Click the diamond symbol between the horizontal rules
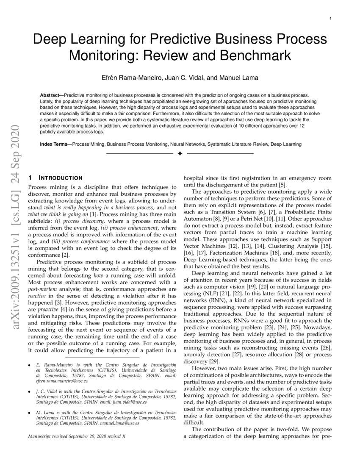pos(180,153)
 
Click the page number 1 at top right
pos(330,18)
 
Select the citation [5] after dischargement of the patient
pos(282,185)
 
